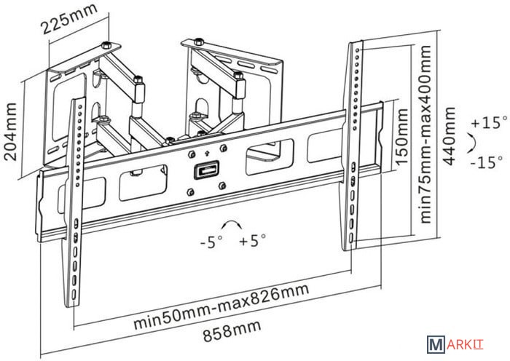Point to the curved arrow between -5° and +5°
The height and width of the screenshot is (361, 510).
(231, 225)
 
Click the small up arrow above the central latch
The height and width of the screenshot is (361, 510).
(208, 154)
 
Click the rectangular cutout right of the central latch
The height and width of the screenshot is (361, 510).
(270, 154)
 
